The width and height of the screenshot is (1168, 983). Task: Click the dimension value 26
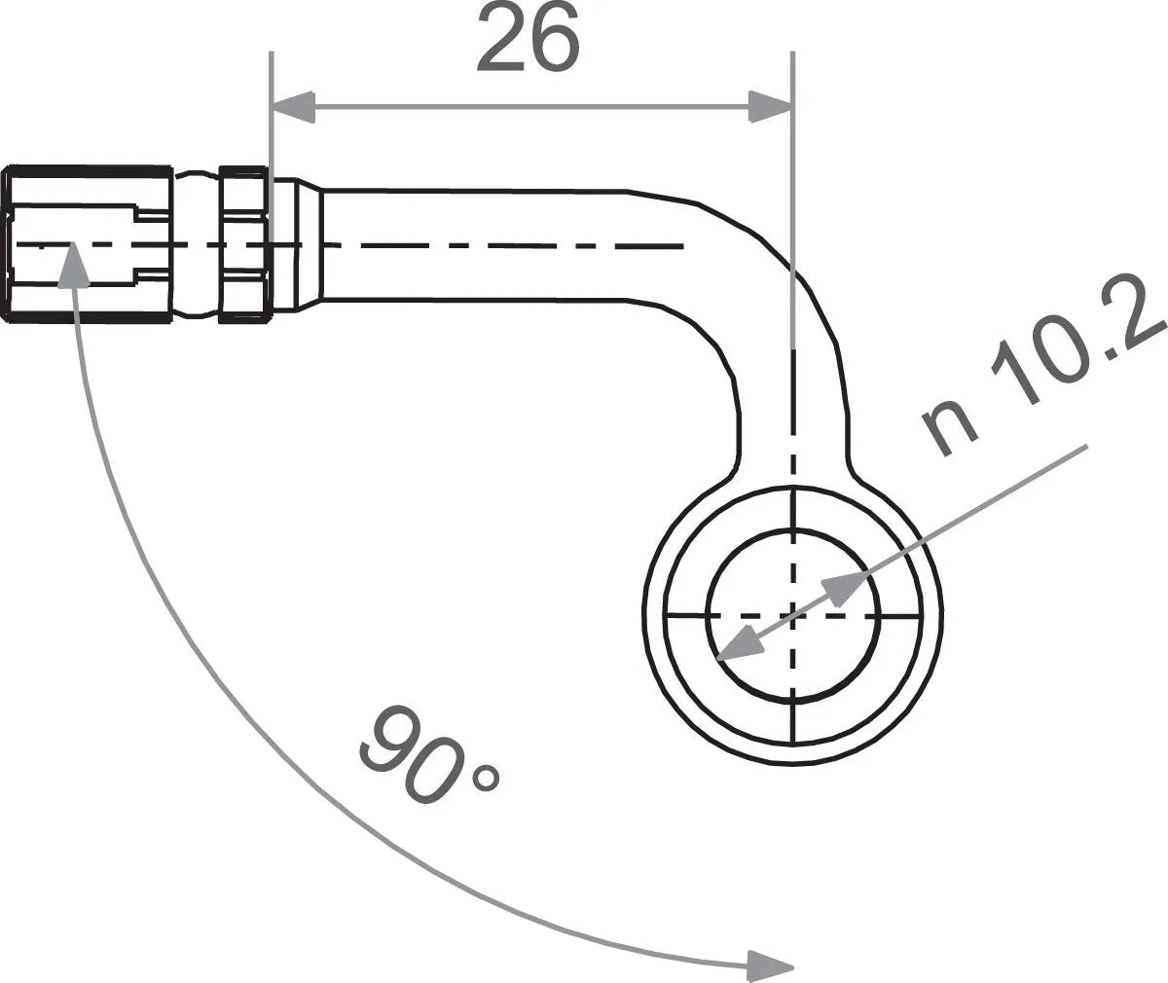(528, 37)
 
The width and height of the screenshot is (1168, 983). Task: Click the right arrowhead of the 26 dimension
(770, 107)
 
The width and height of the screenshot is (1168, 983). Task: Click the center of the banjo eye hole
(793, 615)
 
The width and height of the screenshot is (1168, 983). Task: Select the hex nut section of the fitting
(243, 244)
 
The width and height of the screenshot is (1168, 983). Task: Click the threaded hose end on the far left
(88, 244)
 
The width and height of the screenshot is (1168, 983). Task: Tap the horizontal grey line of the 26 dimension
(530, 107)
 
